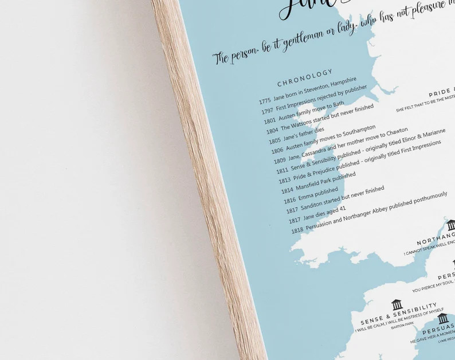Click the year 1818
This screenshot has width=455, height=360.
(x=297, y=230)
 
